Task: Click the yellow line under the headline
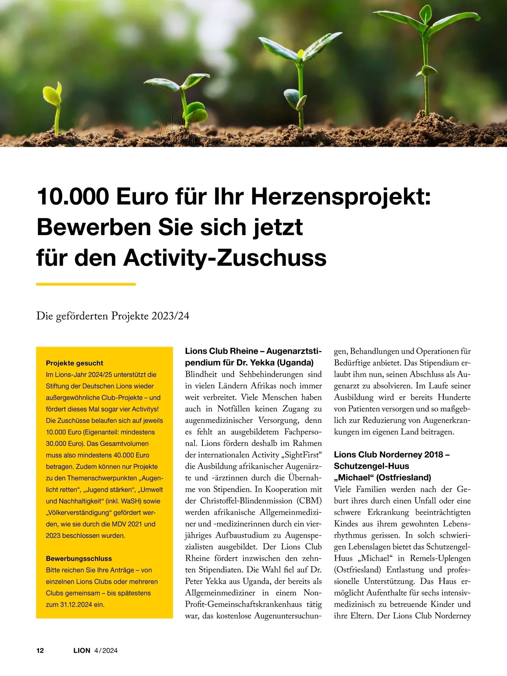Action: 86,284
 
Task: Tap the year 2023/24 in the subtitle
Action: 171,316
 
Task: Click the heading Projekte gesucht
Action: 74,363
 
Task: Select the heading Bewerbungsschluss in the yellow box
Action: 79,558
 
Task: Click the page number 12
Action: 40,650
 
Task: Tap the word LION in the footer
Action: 82,650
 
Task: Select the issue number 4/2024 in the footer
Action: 106,650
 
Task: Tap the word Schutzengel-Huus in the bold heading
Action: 371,466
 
